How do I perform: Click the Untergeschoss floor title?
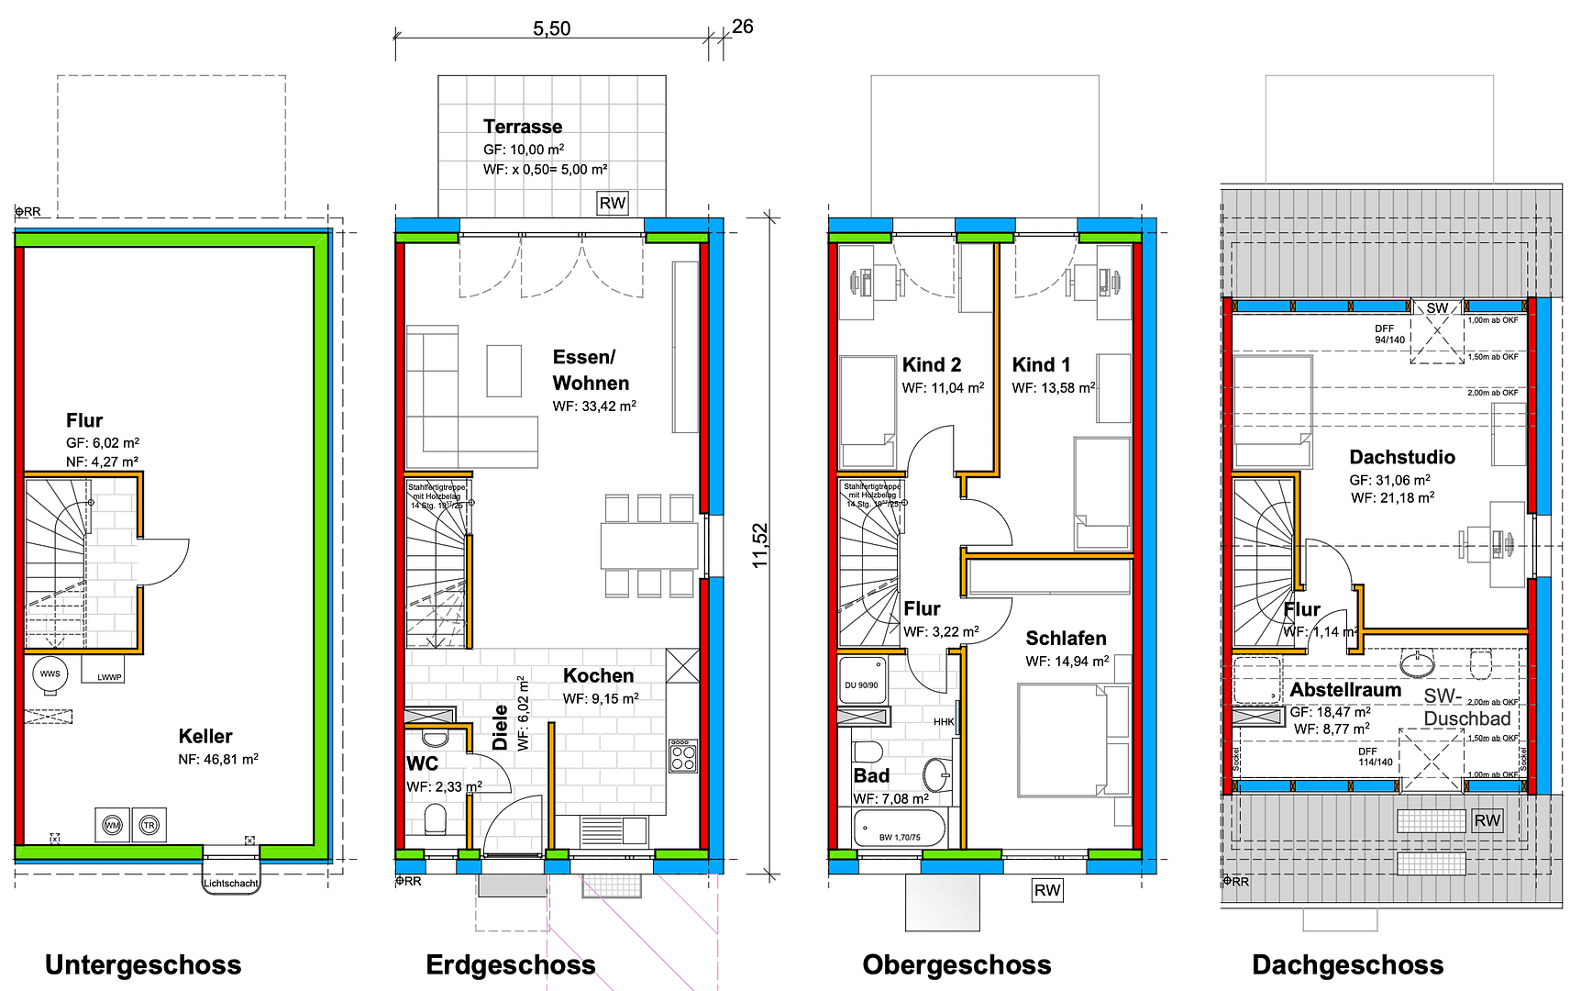143,964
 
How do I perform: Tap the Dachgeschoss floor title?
1347,964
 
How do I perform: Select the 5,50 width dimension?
551,28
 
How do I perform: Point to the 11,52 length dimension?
759,545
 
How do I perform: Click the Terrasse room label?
523,127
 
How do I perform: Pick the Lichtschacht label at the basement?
230,884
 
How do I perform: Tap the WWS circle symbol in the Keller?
50,674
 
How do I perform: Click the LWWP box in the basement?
109,677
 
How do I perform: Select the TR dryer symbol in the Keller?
149,825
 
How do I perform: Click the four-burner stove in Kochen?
683,756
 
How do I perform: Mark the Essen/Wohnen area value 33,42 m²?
594,406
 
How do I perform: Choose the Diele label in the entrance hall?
501,727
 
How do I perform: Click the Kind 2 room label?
931,364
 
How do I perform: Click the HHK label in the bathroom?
944,722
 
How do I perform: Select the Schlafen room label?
1066,638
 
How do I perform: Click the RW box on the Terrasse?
612,203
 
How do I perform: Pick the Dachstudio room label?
1401,457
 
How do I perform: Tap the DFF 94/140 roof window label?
1388,334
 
